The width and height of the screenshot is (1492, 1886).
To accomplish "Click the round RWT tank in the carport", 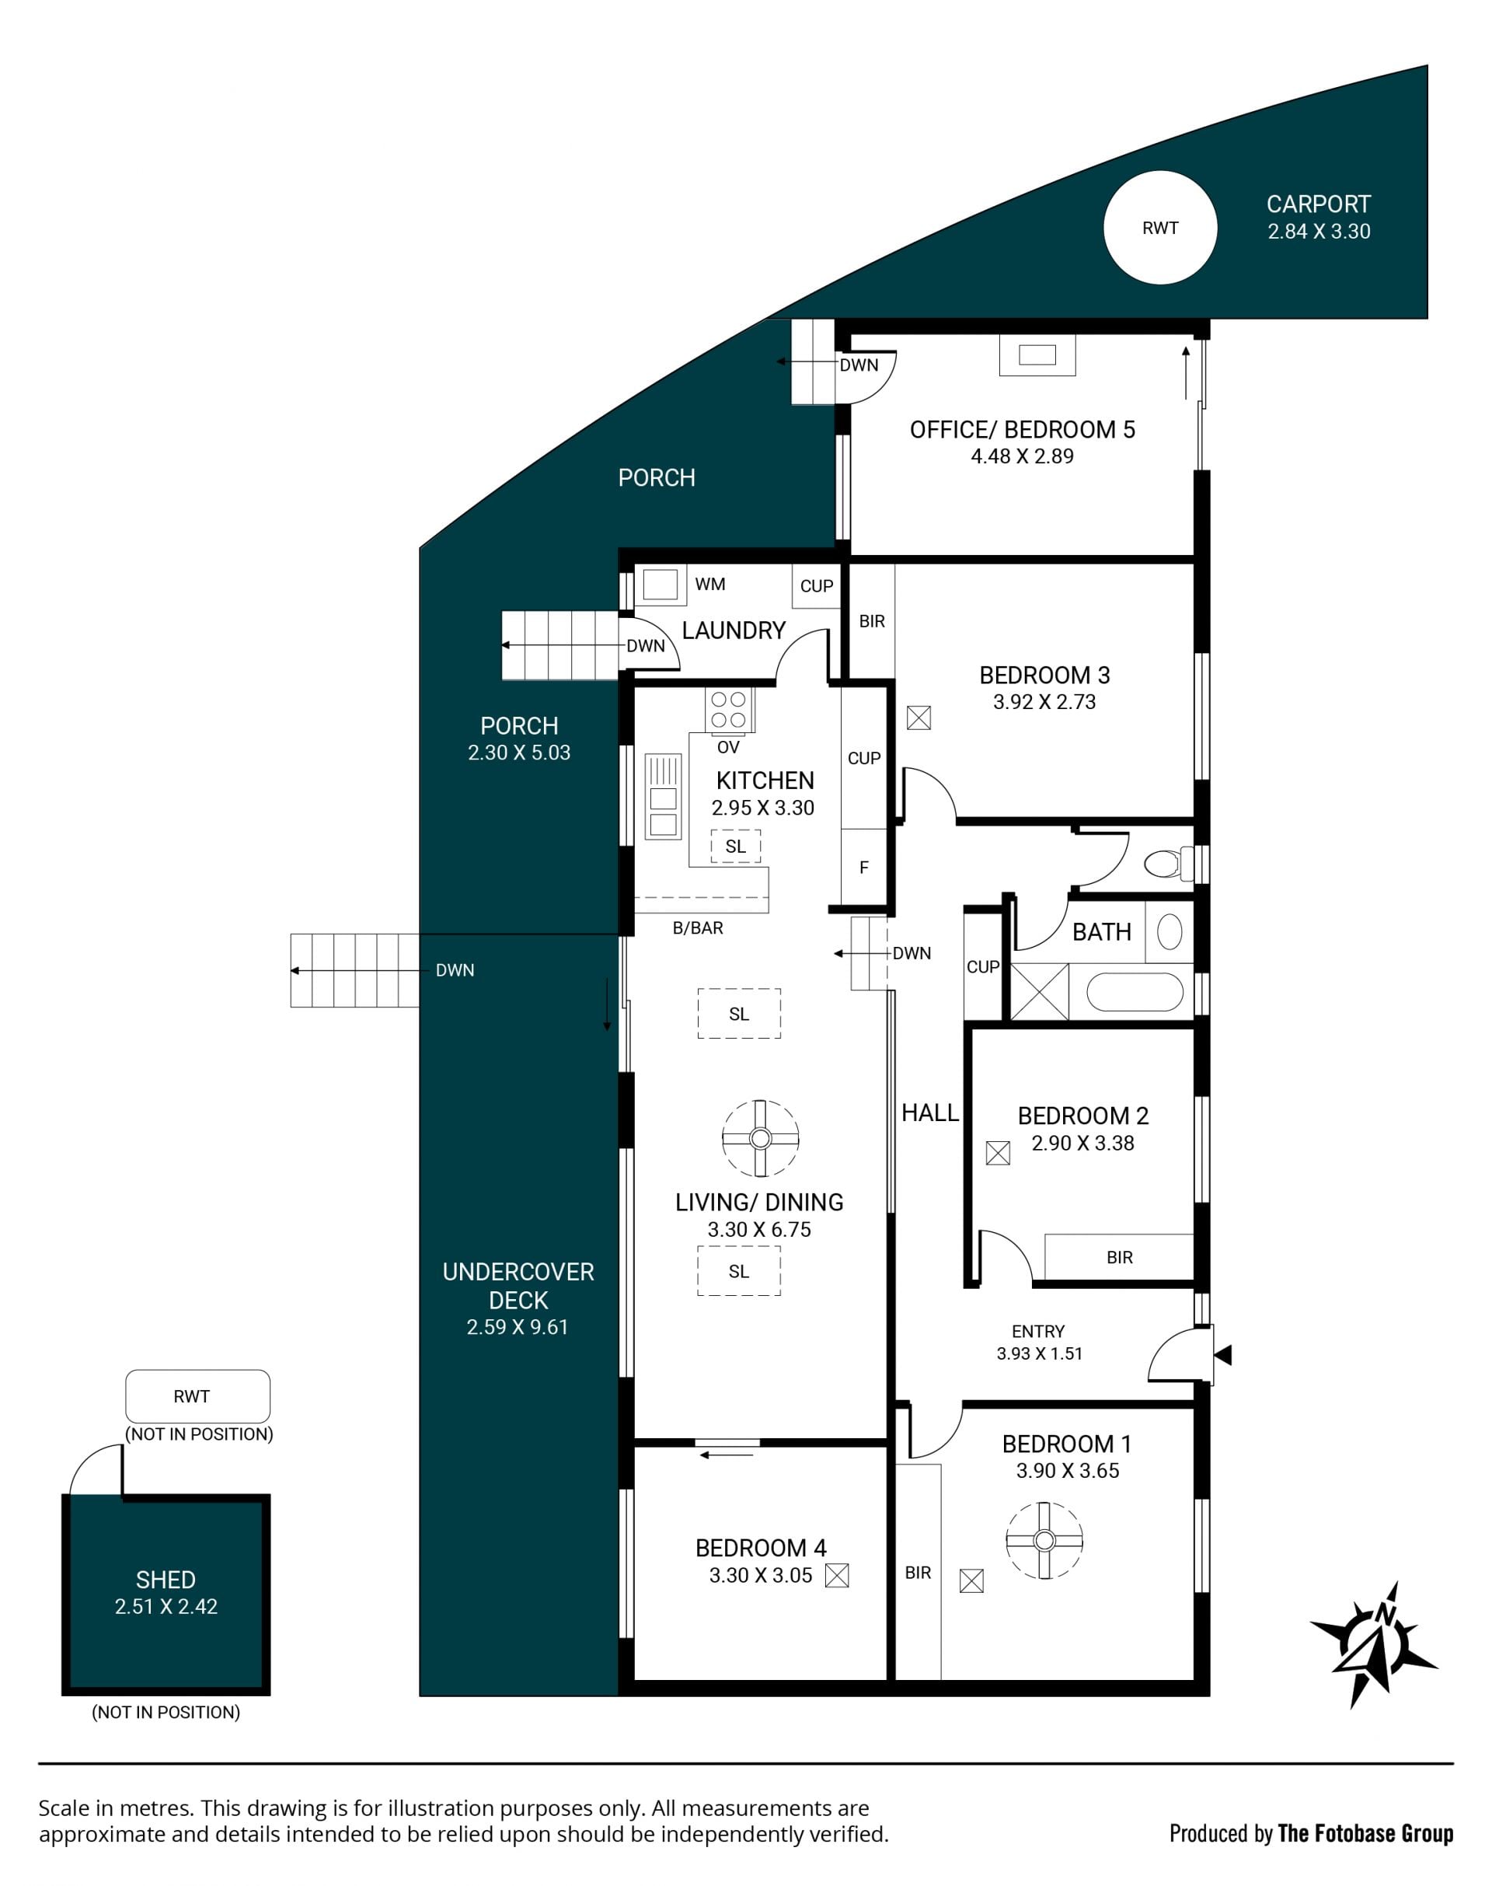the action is pos(1160,227).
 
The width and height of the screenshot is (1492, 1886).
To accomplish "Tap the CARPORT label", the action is pos(1318,204).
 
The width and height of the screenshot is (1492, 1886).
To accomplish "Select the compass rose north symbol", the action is pos(1374,1642).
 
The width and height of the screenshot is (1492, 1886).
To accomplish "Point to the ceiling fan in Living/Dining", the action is pos(760,1138).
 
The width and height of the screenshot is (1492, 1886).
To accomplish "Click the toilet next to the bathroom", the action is pos(1168,864).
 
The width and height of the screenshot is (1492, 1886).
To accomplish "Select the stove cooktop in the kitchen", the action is pos(730,710).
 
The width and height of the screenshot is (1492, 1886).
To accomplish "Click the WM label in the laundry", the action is pos(710,584).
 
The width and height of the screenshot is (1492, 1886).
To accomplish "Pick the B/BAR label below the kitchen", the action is pos(698,928).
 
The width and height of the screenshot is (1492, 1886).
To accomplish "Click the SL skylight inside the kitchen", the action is pos(736,846).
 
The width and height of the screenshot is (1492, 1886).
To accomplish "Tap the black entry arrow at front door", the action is pos(1223,1356).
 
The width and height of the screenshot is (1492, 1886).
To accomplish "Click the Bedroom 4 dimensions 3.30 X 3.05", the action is pos(761,1575).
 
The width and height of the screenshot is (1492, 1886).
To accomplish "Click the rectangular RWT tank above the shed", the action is pos(197,1395).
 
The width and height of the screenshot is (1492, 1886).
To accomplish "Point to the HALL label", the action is pos(930,1112).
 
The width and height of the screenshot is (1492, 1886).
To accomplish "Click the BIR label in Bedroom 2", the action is pos(1120,1257).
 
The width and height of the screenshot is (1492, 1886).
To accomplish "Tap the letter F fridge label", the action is pos(864,867).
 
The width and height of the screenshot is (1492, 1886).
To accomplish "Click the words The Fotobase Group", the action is pos(1365,1834).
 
